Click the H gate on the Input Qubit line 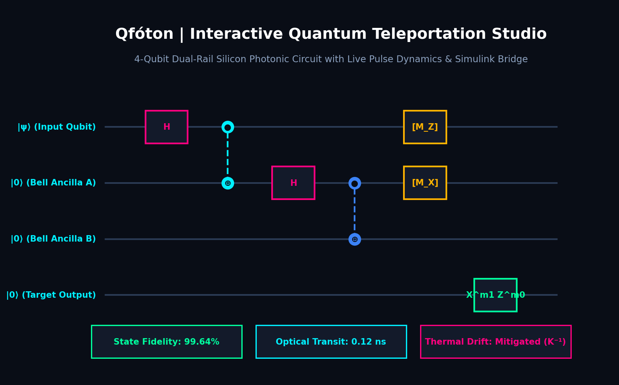pyautogui.click(x=167, y=127)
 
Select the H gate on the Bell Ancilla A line pyautogui.click(x=294, y=183)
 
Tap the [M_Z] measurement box pyautogui.click(x=425, y=127)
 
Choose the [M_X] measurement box pyautogui.click(x=425, y=183)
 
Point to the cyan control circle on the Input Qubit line pyautogui.click(x=228, y=122)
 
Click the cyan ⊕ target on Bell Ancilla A pyautogui.click(x=228, y=183)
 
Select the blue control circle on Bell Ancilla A pyautogui.click(x=355, y=178)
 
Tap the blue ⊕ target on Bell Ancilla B pyautogui.click(x=355, y=239)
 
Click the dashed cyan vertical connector pyautogui.click(x=228, y=155)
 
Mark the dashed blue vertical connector pyautogui.click(x=355, y=211)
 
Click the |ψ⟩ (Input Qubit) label pyautogui.click(x=57, y=127)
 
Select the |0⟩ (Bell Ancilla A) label pyautogui.click(x=53, y=183)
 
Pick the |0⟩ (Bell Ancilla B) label pyautogui.click(x=53, y=239)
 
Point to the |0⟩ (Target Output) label pyautogui.click(x=51, y=295)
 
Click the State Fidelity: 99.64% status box pyautogui.click(x=167, y=342)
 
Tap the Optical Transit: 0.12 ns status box pyautogui.click(x=331, y=342)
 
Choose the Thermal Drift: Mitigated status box pyautogui.click(x=496, y=342)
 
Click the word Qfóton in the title pyautogui.click(x=144, y=34)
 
